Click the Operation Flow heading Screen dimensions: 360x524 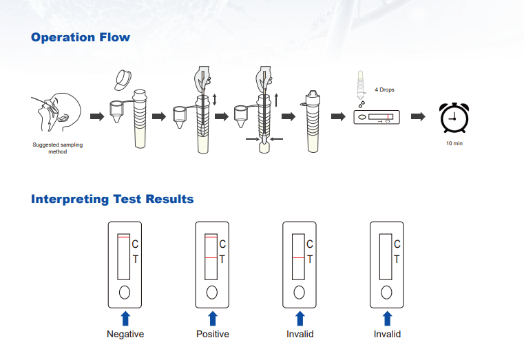click(80, 37)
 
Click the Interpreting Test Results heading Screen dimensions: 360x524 click(112, 199)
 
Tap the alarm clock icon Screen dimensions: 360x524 click(454, 118)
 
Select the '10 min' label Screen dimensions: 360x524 click(454, 143)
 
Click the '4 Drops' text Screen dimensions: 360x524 click(384, 90)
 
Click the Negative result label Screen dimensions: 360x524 click(125, 334)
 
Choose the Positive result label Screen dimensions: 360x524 click(213, 334)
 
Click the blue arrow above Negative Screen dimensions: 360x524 click(125, 318)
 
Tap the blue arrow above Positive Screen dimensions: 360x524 click(213, 318)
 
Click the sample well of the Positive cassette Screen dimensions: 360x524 click(212, 292)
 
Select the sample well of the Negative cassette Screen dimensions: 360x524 click(125, 292)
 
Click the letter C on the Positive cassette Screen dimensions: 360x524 click(222, 244)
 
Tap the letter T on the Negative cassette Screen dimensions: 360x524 click(135, 259)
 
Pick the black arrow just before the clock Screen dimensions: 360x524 click(417, 116)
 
